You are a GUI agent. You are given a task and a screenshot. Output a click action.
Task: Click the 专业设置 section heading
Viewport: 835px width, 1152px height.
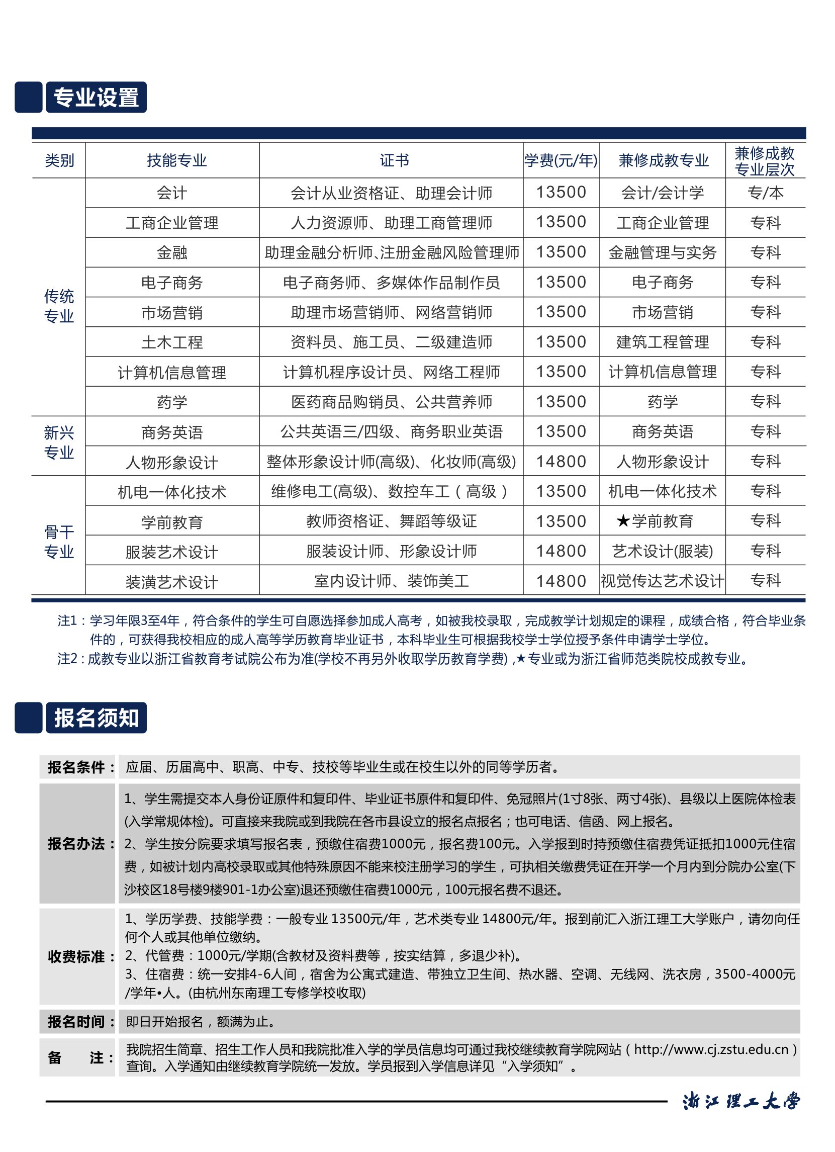click(96, 98)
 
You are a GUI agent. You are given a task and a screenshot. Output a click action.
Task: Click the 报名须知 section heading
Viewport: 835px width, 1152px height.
click(96, 718)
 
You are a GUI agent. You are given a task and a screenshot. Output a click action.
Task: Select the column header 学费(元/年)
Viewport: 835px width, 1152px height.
click(561, 160)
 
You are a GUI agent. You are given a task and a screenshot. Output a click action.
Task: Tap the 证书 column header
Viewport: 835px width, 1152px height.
click(394, 160)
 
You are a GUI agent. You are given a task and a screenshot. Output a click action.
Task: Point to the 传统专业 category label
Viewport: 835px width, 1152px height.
click(59, 306)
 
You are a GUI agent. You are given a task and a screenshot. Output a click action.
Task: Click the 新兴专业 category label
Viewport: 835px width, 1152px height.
click(59, 442)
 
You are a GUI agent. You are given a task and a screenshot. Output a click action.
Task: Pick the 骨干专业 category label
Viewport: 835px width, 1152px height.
click(59, 542)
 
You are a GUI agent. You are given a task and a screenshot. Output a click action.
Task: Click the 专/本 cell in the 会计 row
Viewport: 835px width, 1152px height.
click(765, 193)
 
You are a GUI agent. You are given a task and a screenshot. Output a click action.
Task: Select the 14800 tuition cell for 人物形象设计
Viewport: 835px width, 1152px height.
click(561, 462)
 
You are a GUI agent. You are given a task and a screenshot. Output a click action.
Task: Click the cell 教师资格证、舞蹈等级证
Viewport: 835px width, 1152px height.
click(391, 521)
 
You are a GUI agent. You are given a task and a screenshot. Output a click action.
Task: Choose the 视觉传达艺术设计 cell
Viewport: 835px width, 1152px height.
click(662, 581)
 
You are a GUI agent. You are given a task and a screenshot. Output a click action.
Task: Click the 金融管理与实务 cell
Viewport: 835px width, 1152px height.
click(662, 252)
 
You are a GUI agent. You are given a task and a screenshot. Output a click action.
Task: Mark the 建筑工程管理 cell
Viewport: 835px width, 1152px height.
click(662, 342)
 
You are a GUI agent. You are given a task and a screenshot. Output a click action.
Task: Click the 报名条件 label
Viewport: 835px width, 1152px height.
click(80, 767)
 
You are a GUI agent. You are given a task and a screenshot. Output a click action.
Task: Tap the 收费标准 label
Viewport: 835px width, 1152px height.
click(80, 956)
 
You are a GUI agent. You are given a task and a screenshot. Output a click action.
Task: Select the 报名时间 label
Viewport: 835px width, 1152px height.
click(80, 1021)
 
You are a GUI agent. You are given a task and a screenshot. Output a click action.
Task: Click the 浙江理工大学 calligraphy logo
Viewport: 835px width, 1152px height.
click(741, 1101)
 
